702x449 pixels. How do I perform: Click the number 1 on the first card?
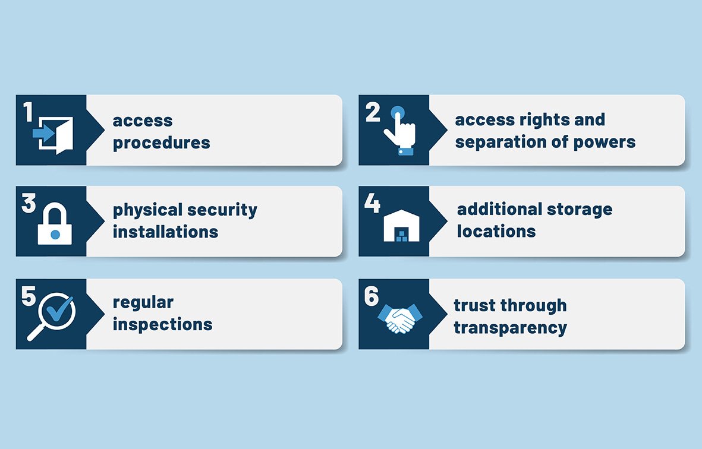tap(28, 112)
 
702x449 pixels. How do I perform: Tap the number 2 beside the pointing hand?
tap(373, 112)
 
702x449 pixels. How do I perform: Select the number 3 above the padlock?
tap(29, 203)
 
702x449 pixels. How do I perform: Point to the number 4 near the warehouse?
tap(372, 203)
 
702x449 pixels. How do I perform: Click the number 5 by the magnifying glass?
tap(29, 296)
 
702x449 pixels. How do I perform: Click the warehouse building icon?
tap(400, 226)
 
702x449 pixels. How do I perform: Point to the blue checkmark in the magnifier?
tap(60, 308)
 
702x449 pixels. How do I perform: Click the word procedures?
tap(161, 143)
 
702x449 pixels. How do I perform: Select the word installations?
tap(165, 232)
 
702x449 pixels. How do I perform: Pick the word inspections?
tap(162, 324)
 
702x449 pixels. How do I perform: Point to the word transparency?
tap(510, 328)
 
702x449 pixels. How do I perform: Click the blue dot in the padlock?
tap(55, 235)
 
